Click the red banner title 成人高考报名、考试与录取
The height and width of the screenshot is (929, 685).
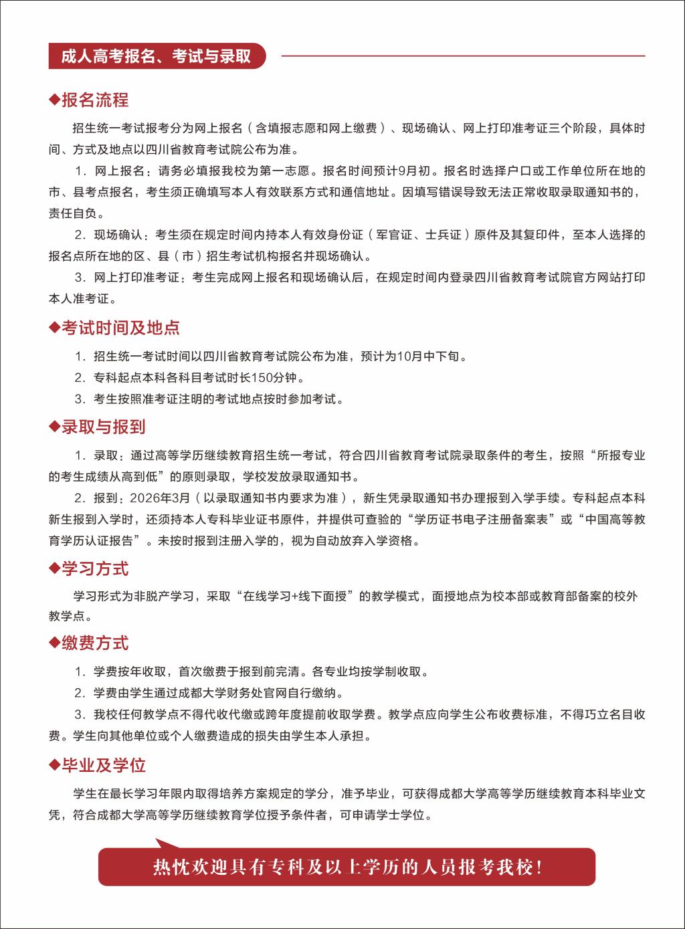click(156, 56)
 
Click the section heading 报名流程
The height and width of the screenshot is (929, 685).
click(95, 100)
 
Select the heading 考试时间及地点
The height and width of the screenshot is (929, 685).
click(120, 328)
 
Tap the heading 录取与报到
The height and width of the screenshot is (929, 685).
click(103, 427)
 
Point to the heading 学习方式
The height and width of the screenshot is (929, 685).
click(95, 569)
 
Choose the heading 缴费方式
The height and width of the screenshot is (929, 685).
click(95, 643)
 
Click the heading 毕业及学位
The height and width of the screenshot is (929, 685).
click(103, 765)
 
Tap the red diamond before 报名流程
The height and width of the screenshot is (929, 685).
click(54, 100)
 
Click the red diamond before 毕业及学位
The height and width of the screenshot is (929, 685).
click(54, 765)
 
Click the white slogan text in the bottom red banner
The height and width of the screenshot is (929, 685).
click(347, 867)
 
